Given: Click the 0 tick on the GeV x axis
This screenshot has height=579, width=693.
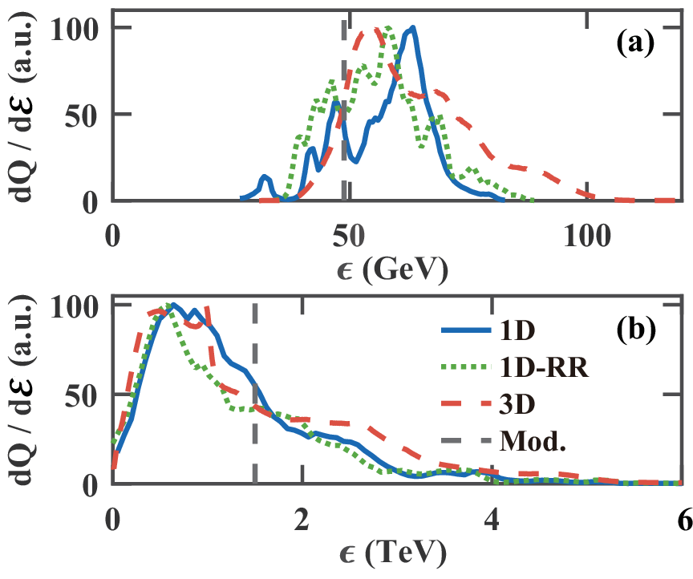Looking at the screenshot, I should click(112, 237).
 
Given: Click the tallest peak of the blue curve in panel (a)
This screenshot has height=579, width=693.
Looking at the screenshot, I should click(411, 28).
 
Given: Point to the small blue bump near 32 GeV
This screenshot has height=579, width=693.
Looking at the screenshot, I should click(265, 177).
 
